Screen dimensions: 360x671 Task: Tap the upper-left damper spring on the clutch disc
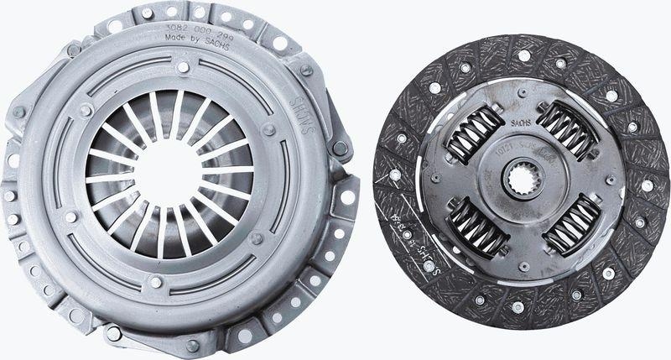point(476,134)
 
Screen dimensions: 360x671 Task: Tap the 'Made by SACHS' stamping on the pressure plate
point(195,38)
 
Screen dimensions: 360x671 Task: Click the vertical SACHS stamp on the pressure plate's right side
point(304,123)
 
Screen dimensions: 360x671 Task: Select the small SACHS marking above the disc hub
point(519,123)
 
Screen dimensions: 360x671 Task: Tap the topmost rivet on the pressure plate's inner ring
point(183,66)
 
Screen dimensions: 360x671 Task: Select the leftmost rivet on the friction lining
point(394,175)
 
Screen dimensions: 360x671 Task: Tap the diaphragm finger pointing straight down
point(161,234)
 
